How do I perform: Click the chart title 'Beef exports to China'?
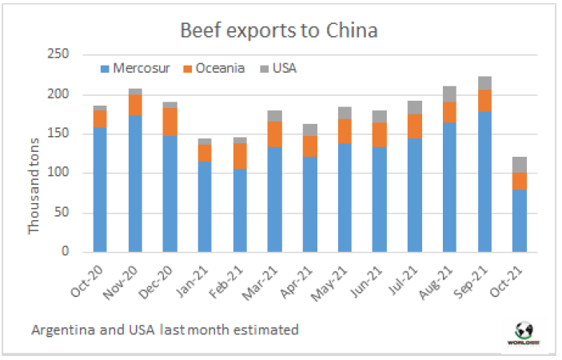pyautogui.click(x=279, y=31)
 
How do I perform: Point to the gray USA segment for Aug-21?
pyautogui.click(x=449, y=94)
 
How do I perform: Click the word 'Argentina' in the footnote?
pyautogui.click(x=62, y=329)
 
